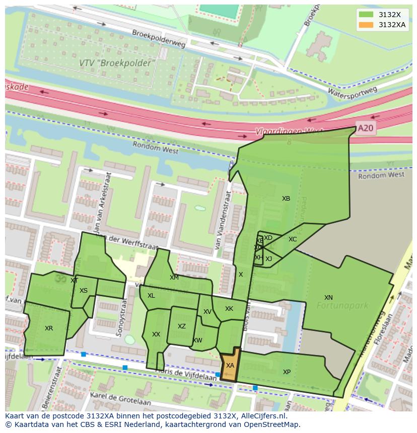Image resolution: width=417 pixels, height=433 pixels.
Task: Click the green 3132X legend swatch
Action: [366, 15]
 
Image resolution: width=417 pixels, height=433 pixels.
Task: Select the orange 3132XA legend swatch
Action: [366, 25]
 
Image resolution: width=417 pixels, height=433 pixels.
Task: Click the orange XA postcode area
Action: [230, 366]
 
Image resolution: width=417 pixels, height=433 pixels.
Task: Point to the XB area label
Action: [286, 199]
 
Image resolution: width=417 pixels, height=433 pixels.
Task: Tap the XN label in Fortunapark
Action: [328, 298]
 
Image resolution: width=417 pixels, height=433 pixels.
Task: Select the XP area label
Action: [287, 372]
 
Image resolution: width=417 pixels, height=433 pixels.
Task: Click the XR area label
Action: [49, 328]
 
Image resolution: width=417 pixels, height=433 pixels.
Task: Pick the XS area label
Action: [84, 291]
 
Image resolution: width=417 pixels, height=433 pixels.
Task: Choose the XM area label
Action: [174, 278]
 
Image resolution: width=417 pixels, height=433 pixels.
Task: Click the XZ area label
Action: [182, 326]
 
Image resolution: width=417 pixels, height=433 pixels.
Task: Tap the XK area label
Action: [229, 309]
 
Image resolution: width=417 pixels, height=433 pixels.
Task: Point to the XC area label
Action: [293, 239]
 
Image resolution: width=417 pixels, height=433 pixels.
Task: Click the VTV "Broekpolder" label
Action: [117, 63]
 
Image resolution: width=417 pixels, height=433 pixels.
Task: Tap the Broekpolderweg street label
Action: [159, 39]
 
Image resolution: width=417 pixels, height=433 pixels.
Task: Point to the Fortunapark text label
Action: [342, 305]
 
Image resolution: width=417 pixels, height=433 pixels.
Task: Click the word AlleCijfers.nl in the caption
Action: [262, 416]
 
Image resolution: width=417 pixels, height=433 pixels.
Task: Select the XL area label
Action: [151, 296]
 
